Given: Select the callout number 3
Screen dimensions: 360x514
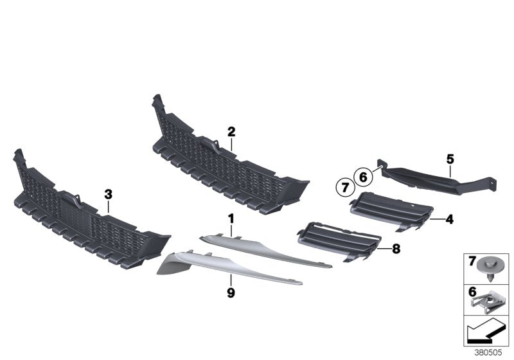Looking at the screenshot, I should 108,193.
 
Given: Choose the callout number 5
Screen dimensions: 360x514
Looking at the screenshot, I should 450,157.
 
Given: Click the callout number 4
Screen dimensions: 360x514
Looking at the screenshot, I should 450,220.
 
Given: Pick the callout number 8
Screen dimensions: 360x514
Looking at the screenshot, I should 396,247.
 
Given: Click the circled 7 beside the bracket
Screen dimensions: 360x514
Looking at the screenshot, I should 344,188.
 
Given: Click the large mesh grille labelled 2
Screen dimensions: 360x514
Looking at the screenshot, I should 218,157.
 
